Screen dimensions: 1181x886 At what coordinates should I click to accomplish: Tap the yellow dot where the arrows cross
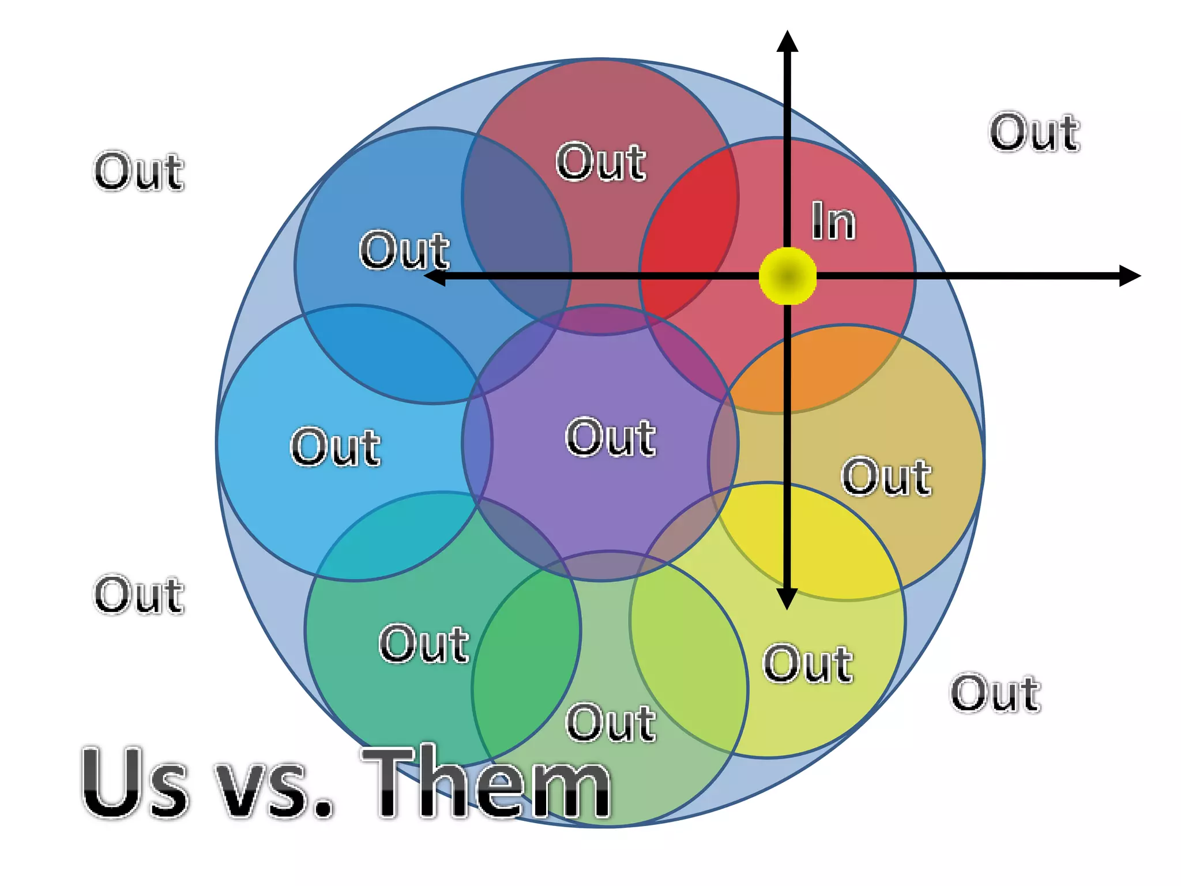[x=787, y=276]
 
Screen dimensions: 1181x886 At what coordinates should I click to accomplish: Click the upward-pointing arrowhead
[x=787, y=42]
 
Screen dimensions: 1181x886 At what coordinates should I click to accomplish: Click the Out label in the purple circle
[x=610, y=438]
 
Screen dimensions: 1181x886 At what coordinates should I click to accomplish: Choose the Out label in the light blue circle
[x=335, y=447]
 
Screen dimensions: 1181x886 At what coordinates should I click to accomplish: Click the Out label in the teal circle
[x=424, y=644]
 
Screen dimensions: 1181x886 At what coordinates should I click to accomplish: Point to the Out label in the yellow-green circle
[x=807, y=664]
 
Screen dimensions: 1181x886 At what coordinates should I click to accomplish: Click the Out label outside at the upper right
[x=1035, y=133]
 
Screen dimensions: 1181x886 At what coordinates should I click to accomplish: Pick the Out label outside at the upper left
[x=139, y=171]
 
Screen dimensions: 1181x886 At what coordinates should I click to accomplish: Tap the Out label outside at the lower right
[x=995, y=693]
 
